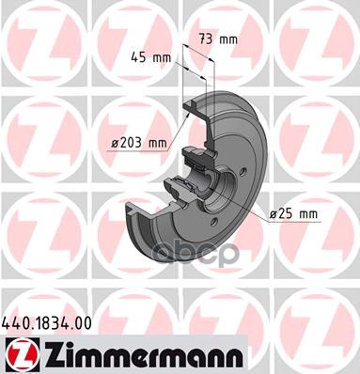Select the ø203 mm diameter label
(136, 142)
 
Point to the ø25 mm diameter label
(293, 214)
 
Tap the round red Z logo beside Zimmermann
(17, 354)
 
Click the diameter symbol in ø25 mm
(273, 214)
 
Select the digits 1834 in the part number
(49, 322)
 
